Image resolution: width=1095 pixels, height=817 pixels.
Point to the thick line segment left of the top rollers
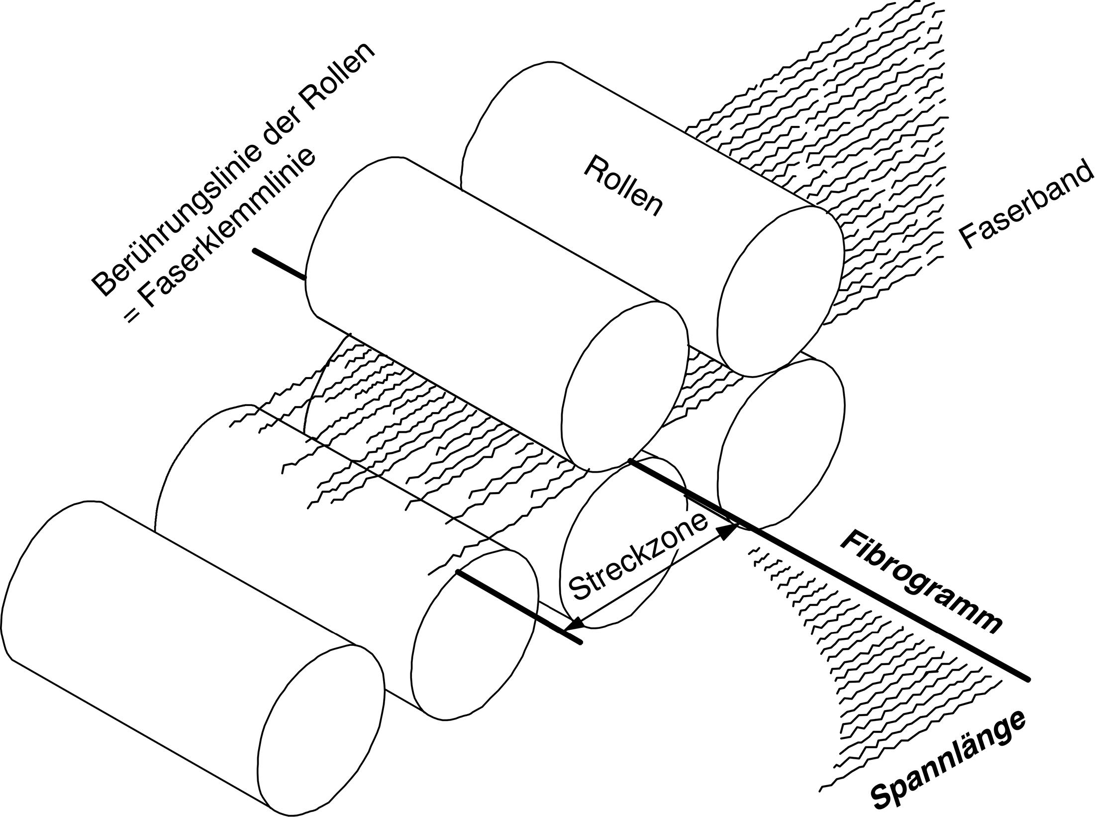click(x=278, y=263)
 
